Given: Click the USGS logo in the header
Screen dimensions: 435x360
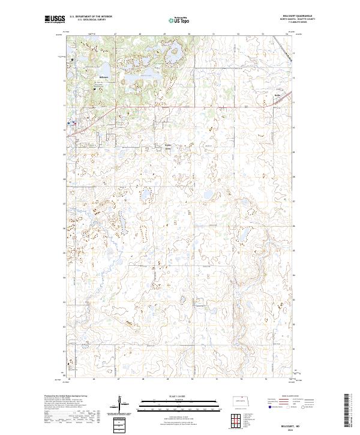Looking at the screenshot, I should (55, 19).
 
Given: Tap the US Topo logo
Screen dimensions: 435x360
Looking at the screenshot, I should (174, 20).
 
